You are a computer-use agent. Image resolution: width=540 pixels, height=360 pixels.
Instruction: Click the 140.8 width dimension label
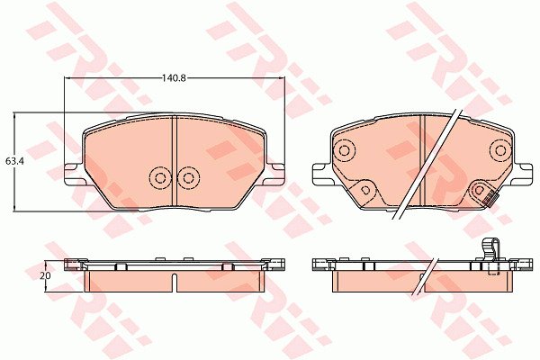tap(175, 78)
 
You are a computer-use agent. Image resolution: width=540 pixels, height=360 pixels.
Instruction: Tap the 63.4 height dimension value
tap(14, 161)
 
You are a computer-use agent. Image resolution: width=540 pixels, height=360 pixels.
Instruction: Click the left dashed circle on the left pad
tap(160, 178)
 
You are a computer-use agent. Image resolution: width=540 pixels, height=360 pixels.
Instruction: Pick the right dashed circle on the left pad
tap(189, 178)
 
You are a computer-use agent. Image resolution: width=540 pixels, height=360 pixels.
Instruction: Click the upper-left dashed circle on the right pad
tap(344, 150)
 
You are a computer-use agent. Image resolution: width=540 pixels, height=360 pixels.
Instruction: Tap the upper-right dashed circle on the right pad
tap(500, 150)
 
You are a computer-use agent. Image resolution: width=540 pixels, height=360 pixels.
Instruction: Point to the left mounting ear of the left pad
tap(75, 175)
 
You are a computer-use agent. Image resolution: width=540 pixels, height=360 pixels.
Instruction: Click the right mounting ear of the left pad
tap(274, 175)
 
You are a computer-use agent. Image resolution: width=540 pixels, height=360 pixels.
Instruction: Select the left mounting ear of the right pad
tap(321, 175)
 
